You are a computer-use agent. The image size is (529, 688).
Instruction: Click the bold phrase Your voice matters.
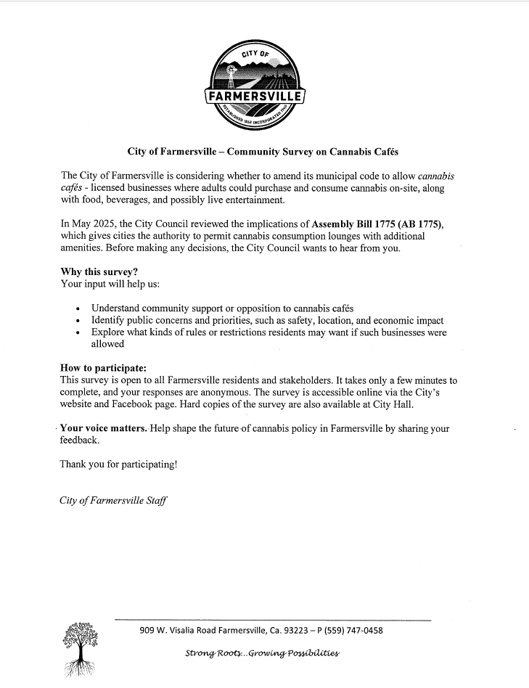104,428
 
